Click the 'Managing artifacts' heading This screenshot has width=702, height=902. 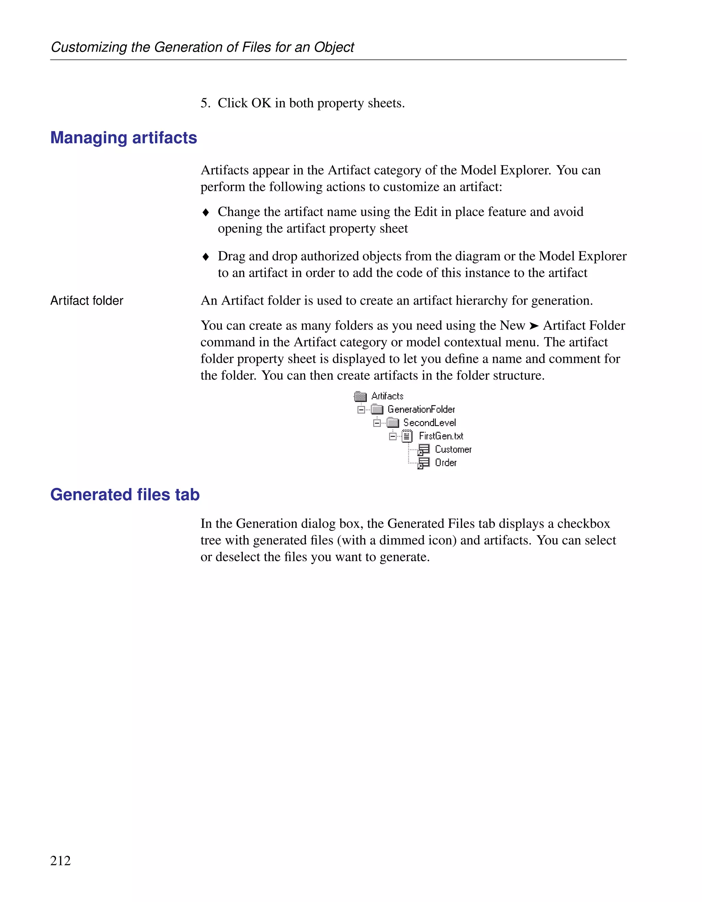pyautogui.click(x=123, y=138)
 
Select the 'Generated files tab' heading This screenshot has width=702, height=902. pyautogui.click(x=125, y=494)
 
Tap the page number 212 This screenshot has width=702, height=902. pyautogui.click(x=60, y=860)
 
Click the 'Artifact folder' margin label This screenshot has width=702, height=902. pyautogui.click(x=87, y=301)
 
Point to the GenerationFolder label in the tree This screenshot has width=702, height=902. pyautogui.click(x=421, y=409)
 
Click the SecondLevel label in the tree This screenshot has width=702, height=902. pyautogui.click(x=429, y=422)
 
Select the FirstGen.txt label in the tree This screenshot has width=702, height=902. pyautogui.click(x=441, y=436)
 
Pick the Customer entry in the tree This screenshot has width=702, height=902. pyautogui.click(x=453, y=449)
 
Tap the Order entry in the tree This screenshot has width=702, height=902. pyautogui.click(x=445, y=462)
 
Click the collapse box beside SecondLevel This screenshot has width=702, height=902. pyautogui.click(x=377, y=423)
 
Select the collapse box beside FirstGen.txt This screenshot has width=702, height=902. pyautogui.click(x=392, y=436)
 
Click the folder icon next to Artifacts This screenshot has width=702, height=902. pyautogui.click(x=360, y=396)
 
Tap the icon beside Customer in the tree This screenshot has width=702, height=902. pyautogui.click(x=423, y=450)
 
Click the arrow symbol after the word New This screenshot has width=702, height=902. pyautogui.click(x=534, y=326)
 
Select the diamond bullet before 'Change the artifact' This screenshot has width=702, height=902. pyautogui.click(x=206, y=213)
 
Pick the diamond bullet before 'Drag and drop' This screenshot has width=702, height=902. pyautogui.click(x=206, y=257)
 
